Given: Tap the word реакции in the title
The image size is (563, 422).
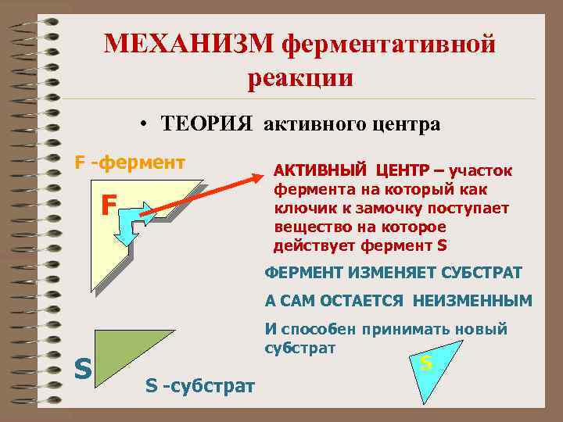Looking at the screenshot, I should pos(301,78).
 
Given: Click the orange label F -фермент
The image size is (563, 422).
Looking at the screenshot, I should pos(129,163).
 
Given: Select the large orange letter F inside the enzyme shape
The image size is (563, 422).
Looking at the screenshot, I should pos(109,206).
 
